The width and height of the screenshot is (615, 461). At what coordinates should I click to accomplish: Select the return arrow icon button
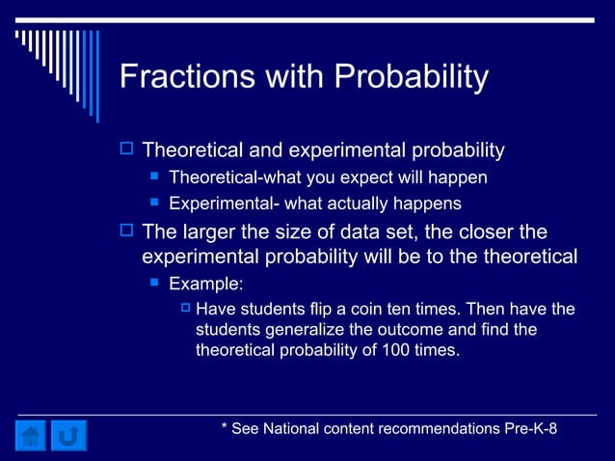(68, 435)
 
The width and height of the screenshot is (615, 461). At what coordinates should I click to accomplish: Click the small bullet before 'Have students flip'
(187, 309)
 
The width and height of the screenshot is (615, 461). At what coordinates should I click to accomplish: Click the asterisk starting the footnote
(224, 428)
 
